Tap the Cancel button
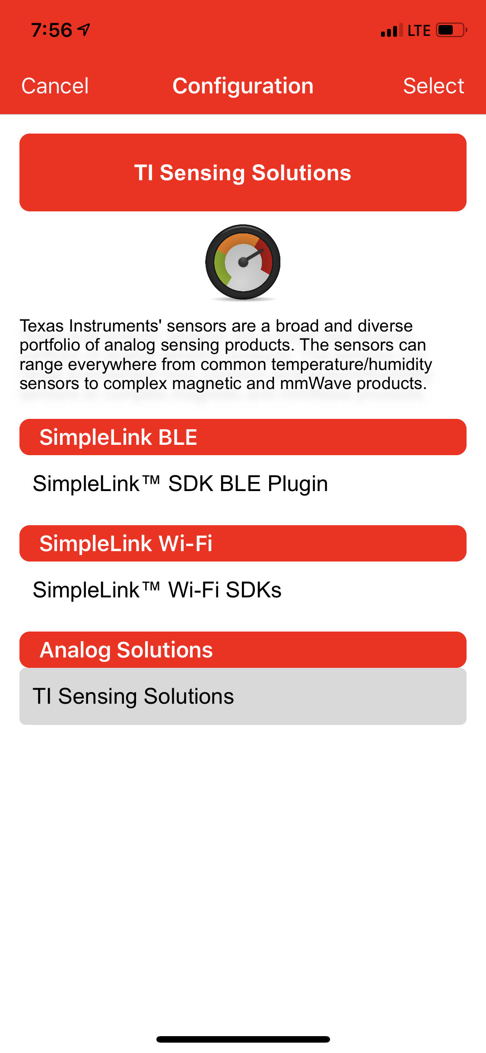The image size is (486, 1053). tap(55, 86)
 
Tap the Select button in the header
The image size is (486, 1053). tap(433, 86)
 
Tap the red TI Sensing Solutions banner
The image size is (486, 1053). tap(243, 172)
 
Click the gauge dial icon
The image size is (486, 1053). tap(243, 262)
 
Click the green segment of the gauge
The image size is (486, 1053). tap(221, 268)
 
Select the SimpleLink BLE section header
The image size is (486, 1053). tap(243, 437)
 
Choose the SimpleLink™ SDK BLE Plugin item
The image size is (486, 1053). tap(180, 484)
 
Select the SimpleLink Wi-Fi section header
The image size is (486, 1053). tap(243, 543)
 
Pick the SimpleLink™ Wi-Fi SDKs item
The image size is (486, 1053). tap(157, 590)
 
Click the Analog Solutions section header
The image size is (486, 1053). tap(243, 650)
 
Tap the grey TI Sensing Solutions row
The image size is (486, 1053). tap(243, 696)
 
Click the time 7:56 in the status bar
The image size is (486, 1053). tap(51, 30)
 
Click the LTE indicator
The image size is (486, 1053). tap(419, 31)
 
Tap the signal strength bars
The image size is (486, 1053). tap(392, 30)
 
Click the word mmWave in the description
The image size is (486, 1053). tap(316, 383)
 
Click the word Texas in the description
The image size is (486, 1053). tap(41, 326)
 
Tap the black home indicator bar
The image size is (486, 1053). tap(243, 1039)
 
